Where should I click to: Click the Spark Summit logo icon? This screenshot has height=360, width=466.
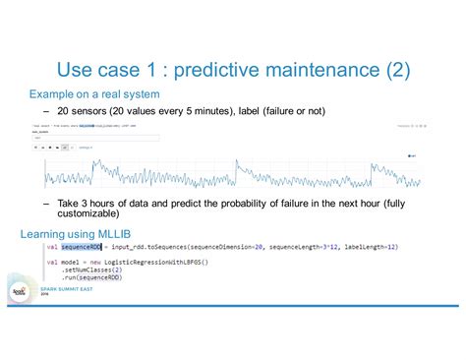click(19, 292)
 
